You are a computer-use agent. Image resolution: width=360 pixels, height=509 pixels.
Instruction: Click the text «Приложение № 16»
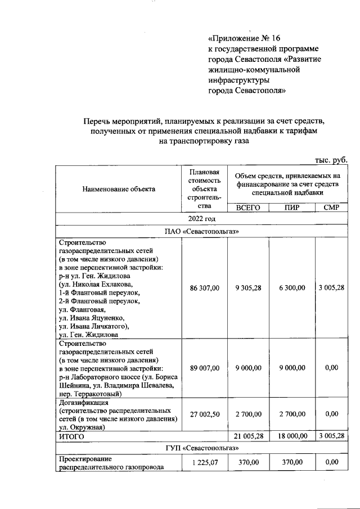244,39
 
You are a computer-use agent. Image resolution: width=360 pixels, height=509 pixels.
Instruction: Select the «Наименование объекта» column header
118,189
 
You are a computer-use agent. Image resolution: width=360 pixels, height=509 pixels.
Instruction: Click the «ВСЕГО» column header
248,208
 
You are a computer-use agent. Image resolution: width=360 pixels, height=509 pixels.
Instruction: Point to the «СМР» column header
331,208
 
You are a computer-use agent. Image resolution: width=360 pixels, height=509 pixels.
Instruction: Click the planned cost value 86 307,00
204,288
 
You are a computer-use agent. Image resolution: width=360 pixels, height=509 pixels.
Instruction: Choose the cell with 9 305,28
248,288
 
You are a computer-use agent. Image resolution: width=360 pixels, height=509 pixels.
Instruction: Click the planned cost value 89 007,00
204,368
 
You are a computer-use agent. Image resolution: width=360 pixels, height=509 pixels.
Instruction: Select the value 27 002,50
204,414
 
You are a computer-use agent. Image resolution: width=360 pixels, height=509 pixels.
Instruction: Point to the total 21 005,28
248,436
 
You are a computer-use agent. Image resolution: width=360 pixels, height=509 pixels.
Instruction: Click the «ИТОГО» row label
72,436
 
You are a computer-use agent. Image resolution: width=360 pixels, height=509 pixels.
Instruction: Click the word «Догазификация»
84,403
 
